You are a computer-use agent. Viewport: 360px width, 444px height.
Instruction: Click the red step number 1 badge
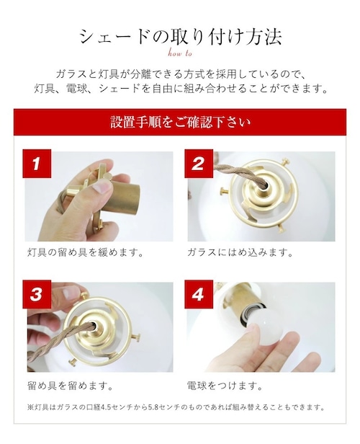point(37,164)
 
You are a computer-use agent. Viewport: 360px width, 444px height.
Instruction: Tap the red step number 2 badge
point(199,164)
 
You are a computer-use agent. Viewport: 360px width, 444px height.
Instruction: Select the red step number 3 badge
point(37,294)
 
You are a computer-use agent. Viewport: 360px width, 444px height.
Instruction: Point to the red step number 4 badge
point(199,294)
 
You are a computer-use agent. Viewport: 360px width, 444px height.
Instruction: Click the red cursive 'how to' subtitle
point(180,53)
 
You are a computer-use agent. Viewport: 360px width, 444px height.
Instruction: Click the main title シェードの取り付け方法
point(180,37)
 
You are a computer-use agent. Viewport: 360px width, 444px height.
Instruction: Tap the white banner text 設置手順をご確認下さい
point(180,123)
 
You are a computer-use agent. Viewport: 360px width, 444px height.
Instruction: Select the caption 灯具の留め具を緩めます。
point(86,252)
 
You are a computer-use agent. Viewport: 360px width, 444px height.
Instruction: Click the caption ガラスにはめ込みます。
point(240,252)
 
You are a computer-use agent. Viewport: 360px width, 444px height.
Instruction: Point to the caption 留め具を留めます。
point(71,385)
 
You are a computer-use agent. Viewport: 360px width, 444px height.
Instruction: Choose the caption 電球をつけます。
point(225,385)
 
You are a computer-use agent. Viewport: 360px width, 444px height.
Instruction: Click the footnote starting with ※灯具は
point(176,407)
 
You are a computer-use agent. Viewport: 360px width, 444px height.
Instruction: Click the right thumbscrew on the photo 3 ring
point(135,337)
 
